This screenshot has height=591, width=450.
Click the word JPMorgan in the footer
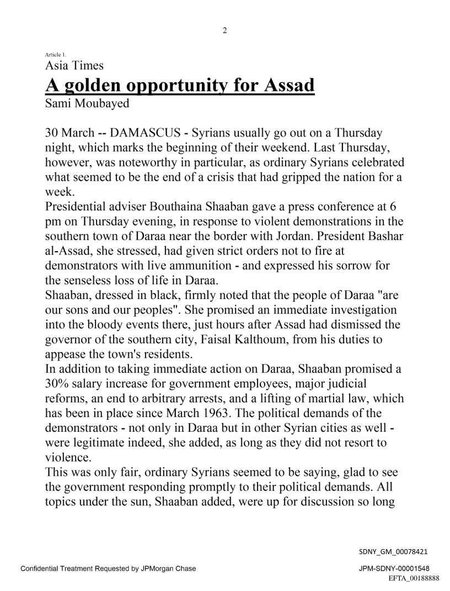point(145,568)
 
